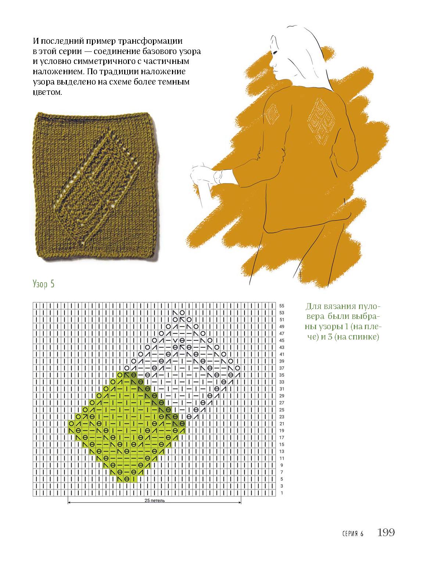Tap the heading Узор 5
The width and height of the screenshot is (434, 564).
(x=44, y=284)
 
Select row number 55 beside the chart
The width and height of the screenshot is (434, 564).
(x=281, y=306)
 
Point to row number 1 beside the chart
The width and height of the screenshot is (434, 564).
(x=282, y=493)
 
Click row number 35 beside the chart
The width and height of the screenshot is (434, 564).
(x=281, y=375)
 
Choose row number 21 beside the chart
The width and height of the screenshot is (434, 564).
(x=281, y=424)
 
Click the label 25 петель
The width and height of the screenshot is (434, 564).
(x=155, y=500)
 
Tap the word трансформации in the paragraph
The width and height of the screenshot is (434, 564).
(x=150, y=41)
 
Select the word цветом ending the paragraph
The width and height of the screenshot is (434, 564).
(x=47, y=92)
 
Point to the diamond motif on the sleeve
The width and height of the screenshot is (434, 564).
(x=272, y=114)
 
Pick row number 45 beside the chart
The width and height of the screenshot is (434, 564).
(x=281, y=341)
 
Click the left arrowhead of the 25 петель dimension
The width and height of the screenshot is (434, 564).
(x=69, y=503)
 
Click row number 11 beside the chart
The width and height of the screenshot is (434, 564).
(x=281, y=458)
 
